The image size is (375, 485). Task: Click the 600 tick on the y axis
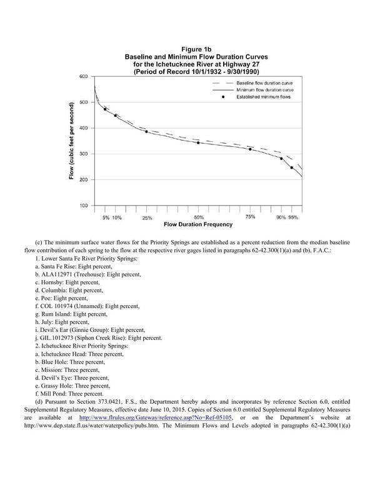click(x=82, y=76)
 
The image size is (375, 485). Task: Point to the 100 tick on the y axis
click(x=82, y=206)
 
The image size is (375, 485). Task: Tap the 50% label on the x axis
click(x=199, y=217)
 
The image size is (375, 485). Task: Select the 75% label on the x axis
click(x=250, y=216)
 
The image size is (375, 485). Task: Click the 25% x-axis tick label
click(x=147, y=217)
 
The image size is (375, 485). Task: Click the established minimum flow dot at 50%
click(x=198, y=142)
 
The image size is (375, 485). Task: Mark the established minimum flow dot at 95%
click(x=291, y=167)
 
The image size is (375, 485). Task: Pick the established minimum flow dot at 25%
click(x=146, y=131)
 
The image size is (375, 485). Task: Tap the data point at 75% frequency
click(x=250, y=149)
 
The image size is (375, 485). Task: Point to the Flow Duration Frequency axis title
click(x=198, y=224)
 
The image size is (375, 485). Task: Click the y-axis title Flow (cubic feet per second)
click(x=72, y=142)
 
